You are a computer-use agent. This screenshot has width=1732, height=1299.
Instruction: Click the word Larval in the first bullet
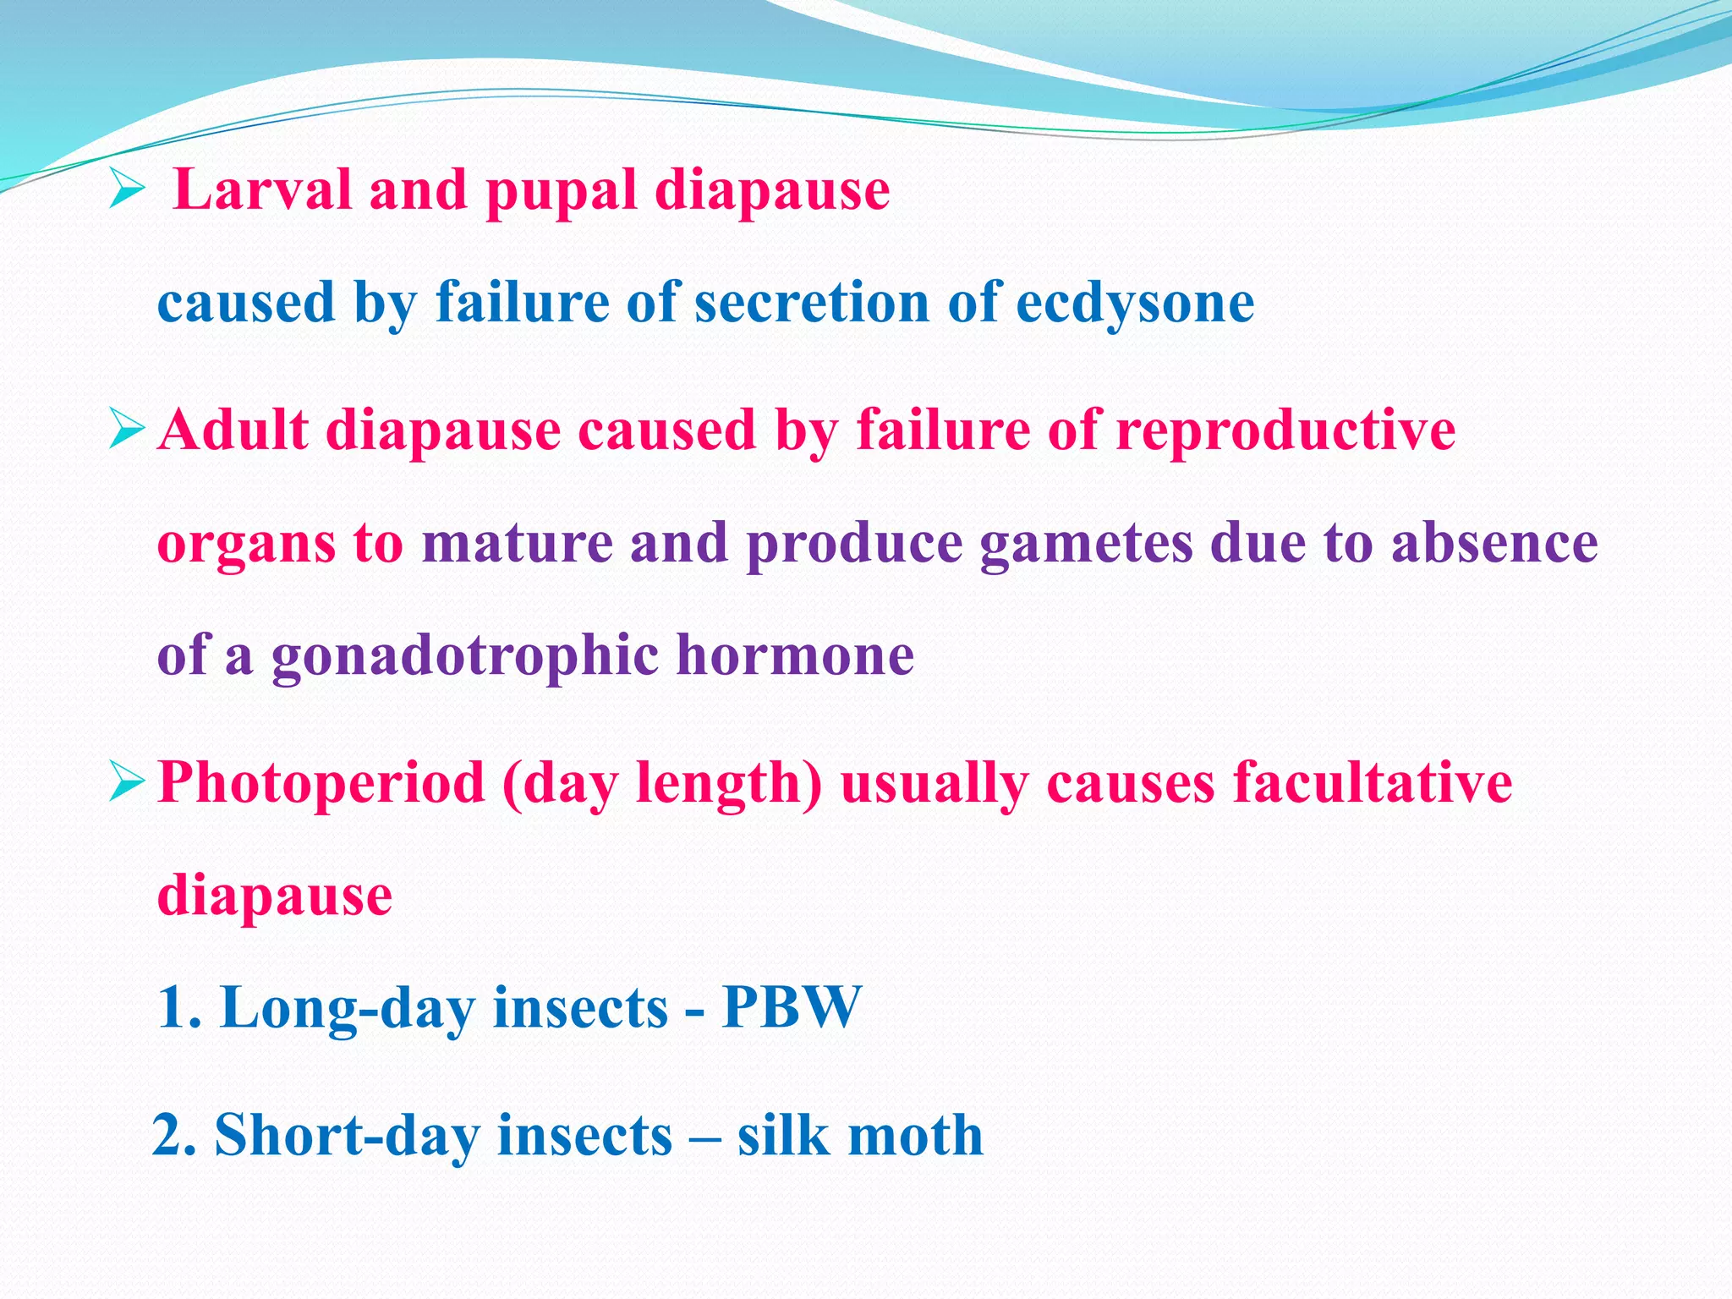(260, 190)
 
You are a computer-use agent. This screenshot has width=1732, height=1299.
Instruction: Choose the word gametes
(1086, 544)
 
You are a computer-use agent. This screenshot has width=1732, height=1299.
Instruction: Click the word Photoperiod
(321, 783)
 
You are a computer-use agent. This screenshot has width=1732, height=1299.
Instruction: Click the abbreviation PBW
(792, 1007)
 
